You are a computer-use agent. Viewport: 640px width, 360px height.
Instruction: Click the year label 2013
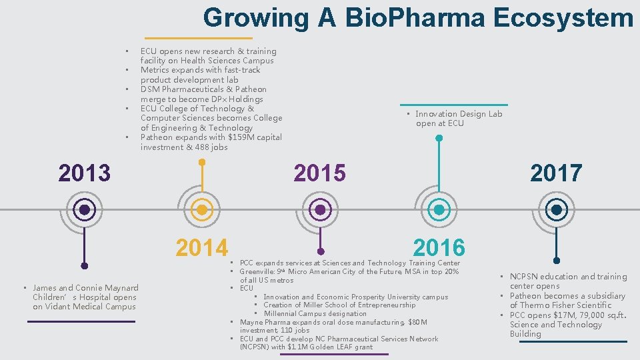(x=84, y=173)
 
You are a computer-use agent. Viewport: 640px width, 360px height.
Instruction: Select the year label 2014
(x=201, y=247)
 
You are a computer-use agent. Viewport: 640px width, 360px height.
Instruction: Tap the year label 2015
(x=320, y=173)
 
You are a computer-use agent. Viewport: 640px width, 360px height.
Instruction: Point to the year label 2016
(x=439, y=247)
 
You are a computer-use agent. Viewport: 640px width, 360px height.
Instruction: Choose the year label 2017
(x=556, y=173)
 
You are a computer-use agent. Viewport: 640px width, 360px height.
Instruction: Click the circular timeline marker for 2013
(x=84, y=210)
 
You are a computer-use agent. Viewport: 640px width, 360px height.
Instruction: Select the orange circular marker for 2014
(x=202, y=210)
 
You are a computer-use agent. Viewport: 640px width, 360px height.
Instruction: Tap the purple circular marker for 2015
(x=320, y=210)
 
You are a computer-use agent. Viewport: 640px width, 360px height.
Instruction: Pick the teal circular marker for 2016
(x=439, y=210)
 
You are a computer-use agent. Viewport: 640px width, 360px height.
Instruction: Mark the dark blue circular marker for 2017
(x=556, y=210)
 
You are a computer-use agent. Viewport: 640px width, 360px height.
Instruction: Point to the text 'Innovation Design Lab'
(x=459, y=114)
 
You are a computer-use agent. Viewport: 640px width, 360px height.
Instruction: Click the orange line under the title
(x=198, y=38)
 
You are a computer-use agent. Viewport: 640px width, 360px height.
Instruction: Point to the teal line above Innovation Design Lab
(x=453, y=105)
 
